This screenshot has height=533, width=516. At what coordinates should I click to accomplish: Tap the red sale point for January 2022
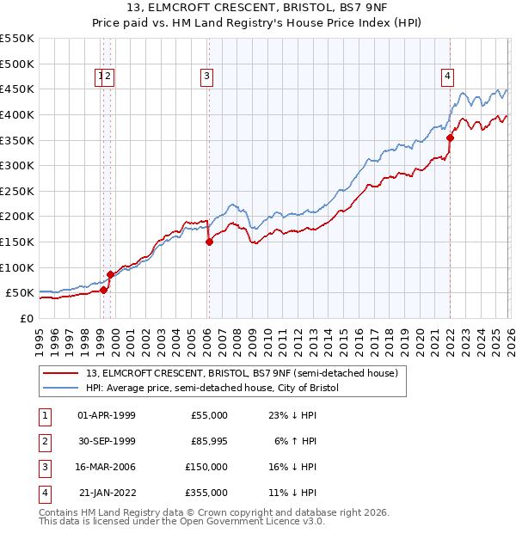[450, 137]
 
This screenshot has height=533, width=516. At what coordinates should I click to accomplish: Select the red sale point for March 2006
[209, 242]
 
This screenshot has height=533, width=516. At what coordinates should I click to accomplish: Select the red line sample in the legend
[61, 374]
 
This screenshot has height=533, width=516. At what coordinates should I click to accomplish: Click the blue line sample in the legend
[61, 389]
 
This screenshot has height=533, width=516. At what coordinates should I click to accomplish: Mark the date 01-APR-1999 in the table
[107, 415]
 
